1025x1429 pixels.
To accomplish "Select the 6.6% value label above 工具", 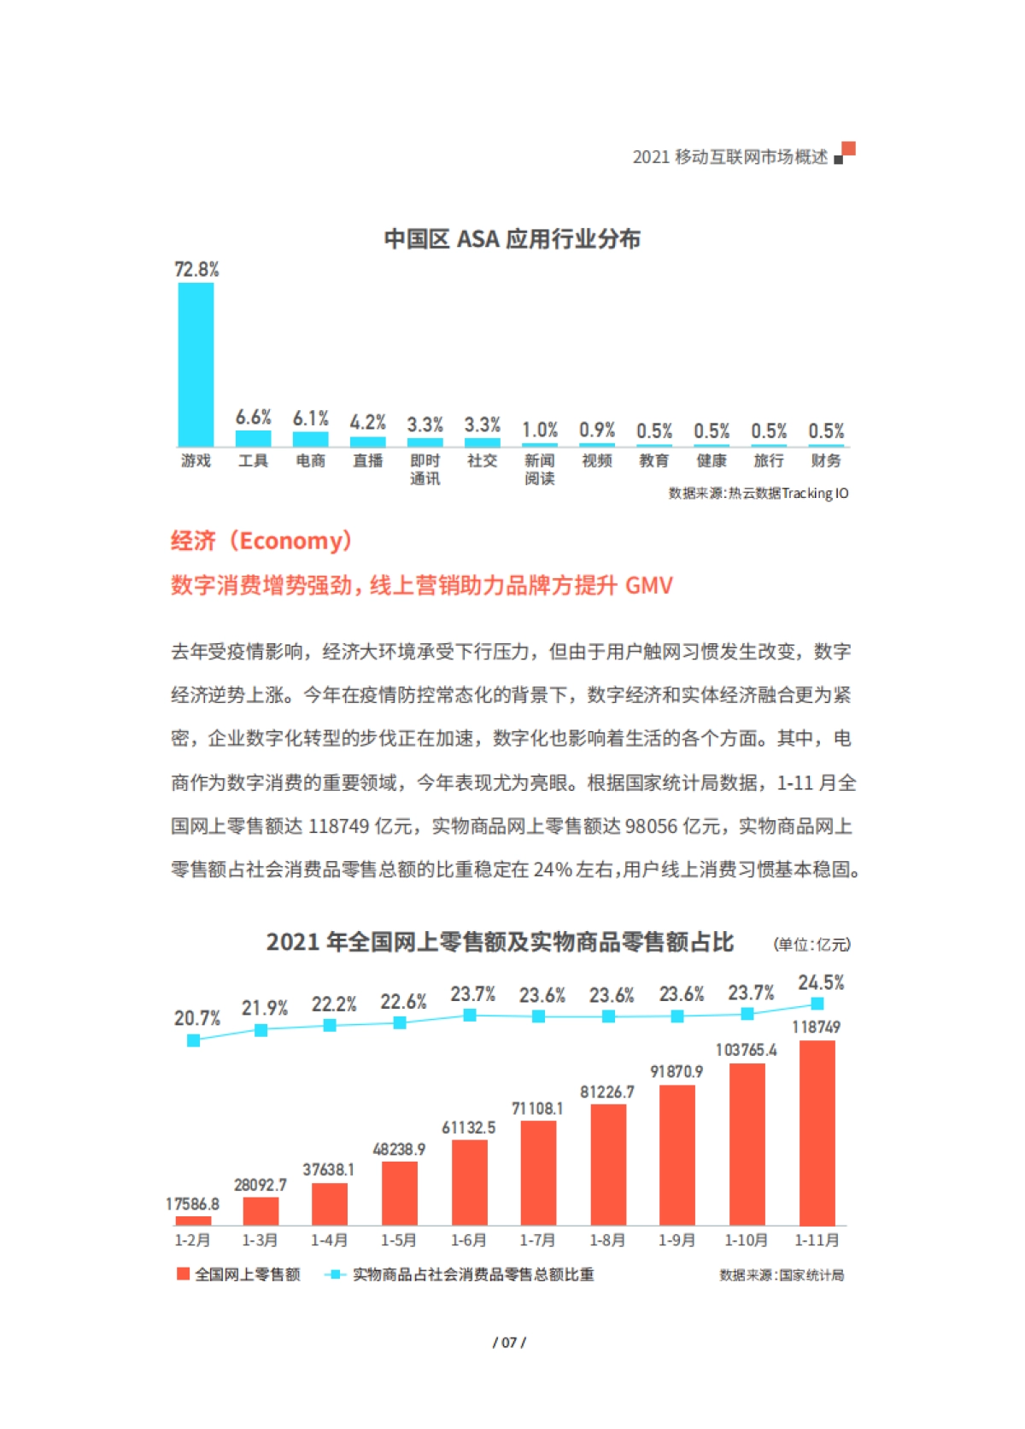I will [x=253, y=418].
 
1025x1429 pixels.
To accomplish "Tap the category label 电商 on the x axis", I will [x=310, y=460].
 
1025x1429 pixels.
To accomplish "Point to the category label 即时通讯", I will [x=425, y=469].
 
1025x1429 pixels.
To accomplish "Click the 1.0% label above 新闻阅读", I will [x=539, y=430].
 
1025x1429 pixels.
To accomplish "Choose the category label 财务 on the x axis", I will [x=825, y=460].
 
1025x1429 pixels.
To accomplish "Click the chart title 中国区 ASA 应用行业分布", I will [x=512, y=238].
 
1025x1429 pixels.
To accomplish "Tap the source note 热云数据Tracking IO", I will [x=758, y=493].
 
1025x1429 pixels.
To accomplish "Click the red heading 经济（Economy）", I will [x=261, y=541].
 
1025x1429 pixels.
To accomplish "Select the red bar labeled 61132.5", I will [x=469, y=1182].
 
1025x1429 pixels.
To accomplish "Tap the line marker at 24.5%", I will [x=817, y=1004].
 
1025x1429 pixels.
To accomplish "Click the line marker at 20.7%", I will [x=193, y=1040].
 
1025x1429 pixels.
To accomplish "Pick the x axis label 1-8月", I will [x=607, y=1239].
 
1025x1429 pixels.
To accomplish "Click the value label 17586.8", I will [x=192, y=1204].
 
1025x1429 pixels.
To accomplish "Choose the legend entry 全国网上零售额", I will [x=238, y=1274].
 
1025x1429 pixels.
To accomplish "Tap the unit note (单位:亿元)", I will [x=811, y=944].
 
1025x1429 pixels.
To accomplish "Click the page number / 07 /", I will [x=509, y=1342].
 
